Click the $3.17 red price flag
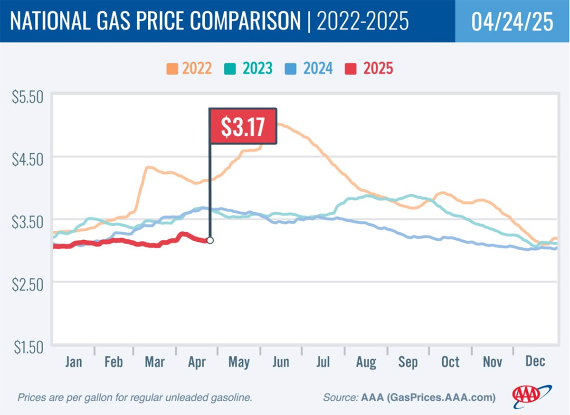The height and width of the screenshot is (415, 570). (243, 125)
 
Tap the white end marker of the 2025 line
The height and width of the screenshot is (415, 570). (210, 240)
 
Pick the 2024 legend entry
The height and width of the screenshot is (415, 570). (311, 68)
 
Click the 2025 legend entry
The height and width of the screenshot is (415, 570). (372, 68)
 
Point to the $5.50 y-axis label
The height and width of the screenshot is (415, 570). (27, 97)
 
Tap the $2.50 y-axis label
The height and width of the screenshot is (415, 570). (27, 283)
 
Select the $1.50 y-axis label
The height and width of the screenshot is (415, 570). (27, 347)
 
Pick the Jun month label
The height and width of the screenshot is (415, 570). (281, 362)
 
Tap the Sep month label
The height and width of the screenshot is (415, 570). (408, 362)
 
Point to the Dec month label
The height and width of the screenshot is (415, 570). (535, 361)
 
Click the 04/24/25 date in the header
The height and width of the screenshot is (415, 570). (512, 21)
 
